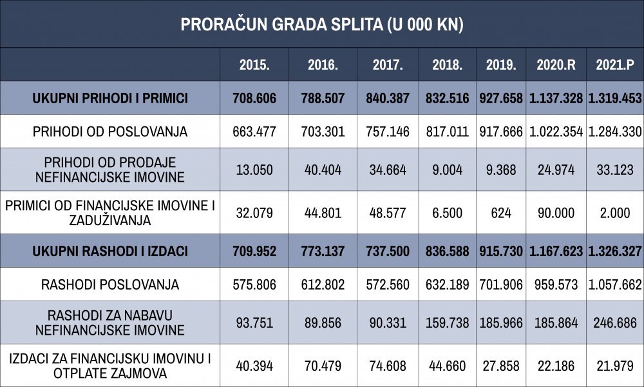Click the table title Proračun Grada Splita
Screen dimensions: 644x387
tap(322, 25)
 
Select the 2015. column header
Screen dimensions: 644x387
tap(254, 65)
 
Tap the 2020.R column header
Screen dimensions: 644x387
tap(556, 65)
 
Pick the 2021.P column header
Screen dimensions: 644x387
tap(615, 65)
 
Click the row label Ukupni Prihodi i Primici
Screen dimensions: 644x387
tap(110, 98)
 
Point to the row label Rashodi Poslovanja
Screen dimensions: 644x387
tap(110, 284)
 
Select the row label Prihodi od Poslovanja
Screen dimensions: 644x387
tap(110, 132)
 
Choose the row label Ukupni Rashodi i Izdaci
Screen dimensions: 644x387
tap(110, 252)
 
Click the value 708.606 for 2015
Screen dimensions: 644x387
tap(254, 98)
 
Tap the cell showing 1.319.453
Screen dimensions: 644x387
tap(615, 98)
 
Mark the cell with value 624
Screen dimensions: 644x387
tap(501, 213)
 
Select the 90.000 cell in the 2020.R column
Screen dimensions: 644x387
tap(556, 213)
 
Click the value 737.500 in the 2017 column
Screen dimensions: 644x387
tap(388, 252)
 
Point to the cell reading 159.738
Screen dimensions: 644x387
tap(448, 323)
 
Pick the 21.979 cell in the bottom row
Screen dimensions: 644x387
tap(615, 366)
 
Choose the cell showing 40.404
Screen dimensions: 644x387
tap(323, 170)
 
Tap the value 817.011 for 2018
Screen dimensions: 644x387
tap(448, 132)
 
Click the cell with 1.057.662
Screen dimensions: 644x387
tap(615, 284)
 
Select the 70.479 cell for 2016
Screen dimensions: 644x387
tap(323, 366)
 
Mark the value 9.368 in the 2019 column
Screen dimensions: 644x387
tap(501, 170)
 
